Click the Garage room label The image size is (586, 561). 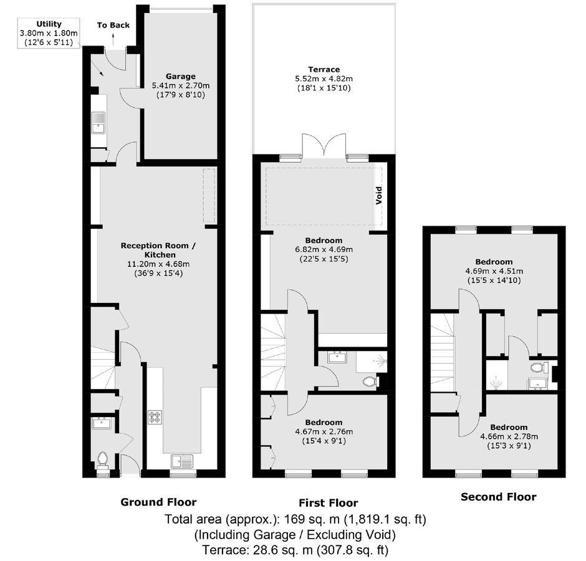181,76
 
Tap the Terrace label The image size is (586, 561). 324,69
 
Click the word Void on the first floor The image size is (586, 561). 379,195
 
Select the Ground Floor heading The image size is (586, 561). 158,502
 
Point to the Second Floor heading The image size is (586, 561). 499,497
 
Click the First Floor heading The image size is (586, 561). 329,502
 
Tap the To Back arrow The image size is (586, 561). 113,38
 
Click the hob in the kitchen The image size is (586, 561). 155,417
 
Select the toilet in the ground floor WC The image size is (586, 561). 102,461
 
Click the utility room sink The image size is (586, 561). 98,123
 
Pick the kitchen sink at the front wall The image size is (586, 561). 183,461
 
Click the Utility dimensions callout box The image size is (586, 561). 49,33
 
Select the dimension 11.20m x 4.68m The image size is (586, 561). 158,264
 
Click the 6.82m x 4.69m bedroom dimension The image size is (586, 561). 324,249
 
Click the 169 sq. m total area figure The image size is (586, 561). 312,519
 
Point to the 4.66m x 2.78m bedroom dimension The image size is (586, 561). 509,436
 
